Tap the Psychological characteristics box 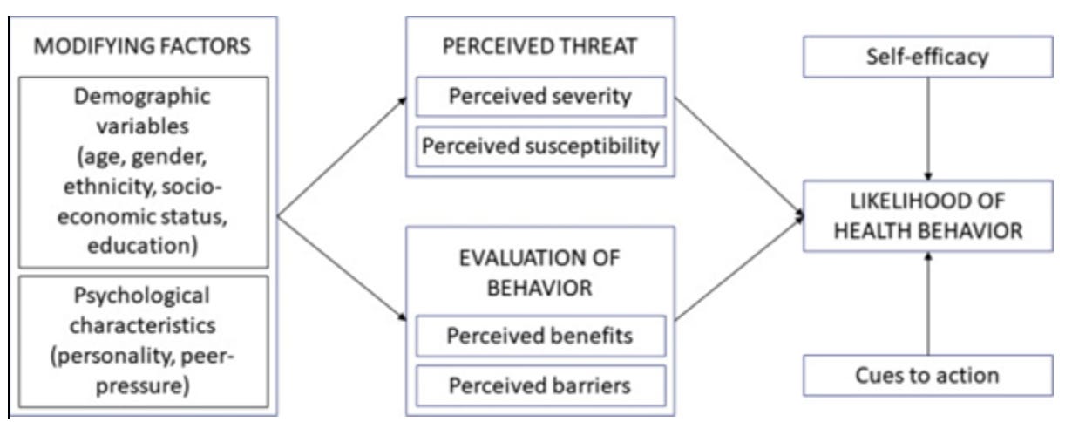pos(141,341)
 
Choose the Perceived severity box pos(540,95)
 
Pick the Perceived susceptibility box pos(540,145)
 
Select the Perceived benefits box pos(540,335)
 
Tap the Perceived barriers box pos(540,384)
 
